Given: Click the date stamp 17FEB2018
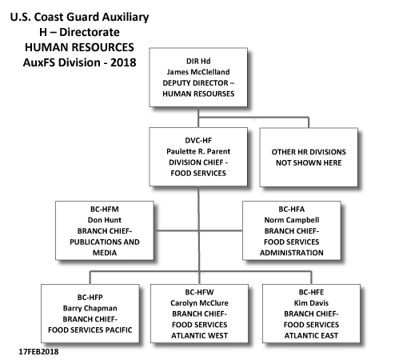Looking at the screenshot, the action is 38,351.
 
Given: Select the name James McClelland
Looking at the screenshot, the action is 198,72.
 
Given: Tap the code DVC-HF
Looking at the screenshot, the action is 198,140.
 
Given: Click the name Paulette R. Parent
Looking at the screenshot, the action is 198,151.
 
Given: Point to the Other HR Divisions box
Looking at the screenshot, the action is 309,158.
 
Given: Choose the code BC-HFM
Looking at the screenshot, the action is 105,209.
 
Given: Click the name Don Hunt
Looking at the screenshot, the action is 105,220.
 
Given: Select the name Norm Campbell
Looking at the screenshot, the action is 292,220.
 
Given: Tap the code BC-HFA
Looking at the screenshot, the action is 292,209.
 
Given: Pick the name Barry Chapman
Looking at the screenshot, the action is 90,308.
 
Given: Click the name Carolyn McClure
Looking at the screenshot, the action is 199,303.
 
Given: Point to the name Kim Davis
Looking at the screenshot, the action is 311,303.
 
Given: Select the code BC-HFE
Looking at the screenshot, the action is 311,292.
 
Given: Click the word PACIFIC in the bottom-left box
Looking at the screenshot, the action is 118,330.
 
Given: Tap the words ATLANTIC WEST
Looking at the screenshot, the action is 199,335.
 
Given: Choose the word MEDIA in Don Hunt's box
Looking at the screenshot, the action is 105,253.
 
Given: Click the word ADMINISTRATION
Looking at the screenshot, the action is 292,253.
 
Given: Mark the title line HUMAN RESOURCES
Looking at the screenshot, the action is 79,47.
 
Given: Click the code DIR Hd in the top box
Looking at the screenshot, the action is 198,61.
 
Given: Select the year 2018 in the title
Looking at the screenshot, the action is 123,62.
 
